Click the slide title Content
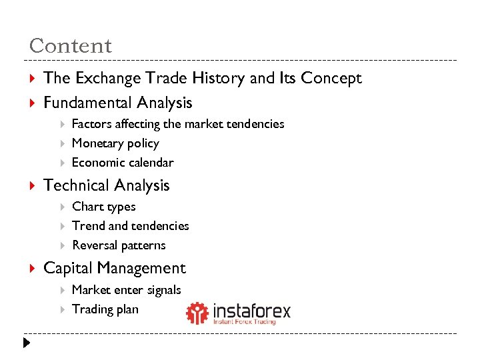pyautogui.click(x=71, y=46)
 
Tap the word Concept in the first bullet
pyautogui.click(x=331, y=78)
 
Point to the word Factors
pyautogui.click(x=91, y=124)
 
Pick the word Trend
pyautogui.click(x=88, y=226)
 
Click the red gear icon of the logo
pyautogui.click(x=197, y=313)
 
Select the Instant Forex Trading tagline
pyautogui.click(x=245, y=322)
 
